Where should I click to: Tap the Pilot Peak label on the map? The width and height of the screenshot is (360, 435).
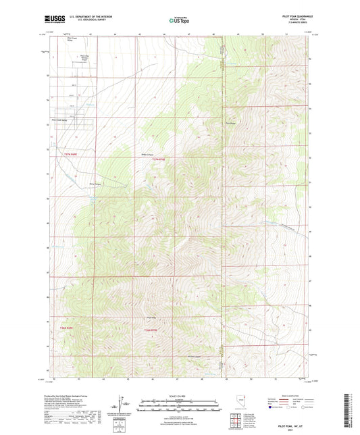tap(230, 123)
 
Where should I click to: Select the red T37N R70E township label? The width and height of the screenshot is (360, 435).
tap(158, 159)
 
